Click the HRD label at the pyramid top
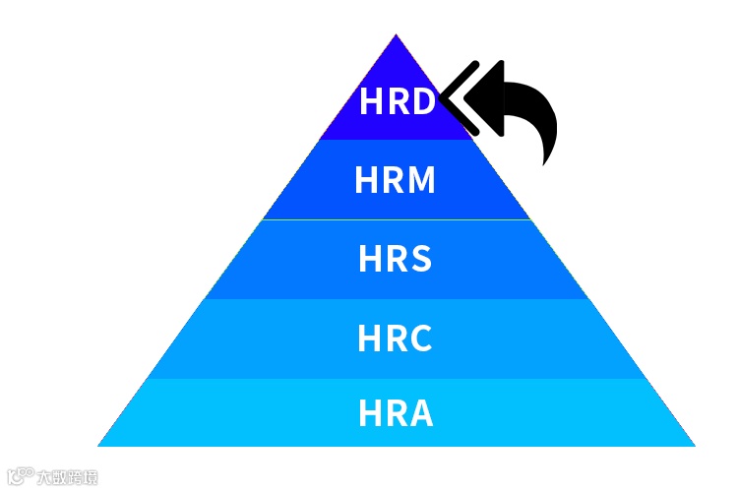click(397, 102)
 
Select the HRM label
click(395, 181)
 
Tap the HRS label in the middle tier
click(395, 260)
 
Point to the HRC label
click(395, 338)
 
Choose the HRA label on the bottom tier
click(395, 413)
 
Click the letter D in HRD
click(421, 102)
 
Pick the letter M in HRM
click(419, 181)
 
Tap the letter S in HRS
click(420, 260)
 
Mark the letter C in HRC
click(420, 338)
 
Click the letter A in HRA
click(420, 413)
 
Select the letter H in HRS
click(370, 260)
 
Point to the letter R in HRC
click(395, 338)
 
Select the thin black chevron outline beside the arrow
click(454, 98)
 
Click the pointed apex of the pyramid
click(396, 36)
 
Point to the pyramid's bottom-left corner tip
click(99, 445)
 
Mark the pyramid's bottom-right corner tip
click(693, 445)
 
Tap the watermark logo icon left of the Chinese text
click(20, 477)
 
